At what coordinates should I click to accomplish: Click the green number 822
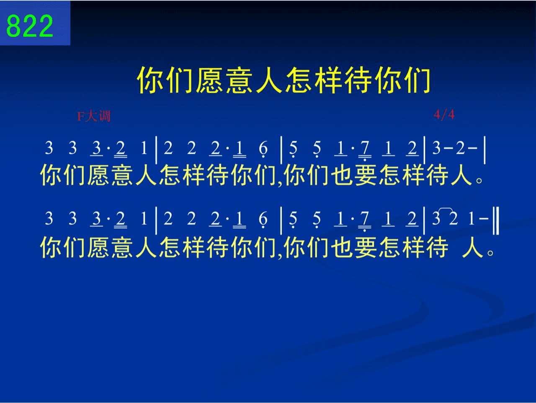[x=30, y=26]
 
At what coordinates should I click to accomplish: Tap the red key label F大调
[x=94, y=116]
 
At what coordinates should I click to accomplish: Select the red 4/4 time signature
[x=444, y=114]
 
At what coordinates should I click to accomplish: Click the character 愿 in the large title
[x=209, y=80]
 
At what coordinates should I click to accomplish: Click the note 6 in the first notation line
[x=263, y=148]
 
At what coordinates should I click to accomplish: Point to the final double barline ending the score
[x=496, y=220]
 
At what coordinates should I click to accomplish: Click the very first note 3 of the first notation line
[x=49, y=147]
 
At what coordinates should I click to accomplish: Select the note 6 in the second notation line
[x=263, y=219]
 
